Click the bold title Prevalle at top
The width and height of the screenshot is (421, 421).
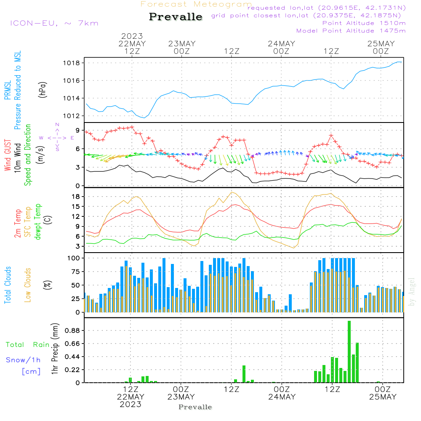[176, 17]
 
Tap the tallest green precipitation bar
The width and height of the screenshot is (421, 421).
[349, 352]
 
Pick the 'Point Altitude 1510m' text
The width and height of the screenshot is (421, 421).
[364, 23]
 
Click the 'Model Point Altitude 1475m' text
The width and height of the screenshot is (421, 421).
[351, 30]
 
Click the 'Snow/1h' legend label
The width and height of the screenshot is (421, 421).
[23, 360]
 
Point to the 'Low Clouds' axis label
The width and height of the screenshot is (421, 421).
[28, 285]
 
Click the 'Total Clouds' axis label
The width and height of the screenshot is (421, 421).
[8, 285]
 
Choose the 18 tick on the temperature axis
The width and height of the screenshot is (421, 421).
[76, 197]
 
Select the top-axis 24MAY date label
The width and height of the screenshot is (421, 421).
[281, 44]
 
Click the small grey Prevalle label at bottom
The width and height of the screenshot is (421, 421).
[195, 407]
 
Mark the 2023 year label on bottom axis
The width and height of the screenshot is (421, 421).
[131, 404]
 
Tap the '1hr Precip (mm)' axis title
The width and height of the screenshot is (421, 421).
[55, 349]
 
